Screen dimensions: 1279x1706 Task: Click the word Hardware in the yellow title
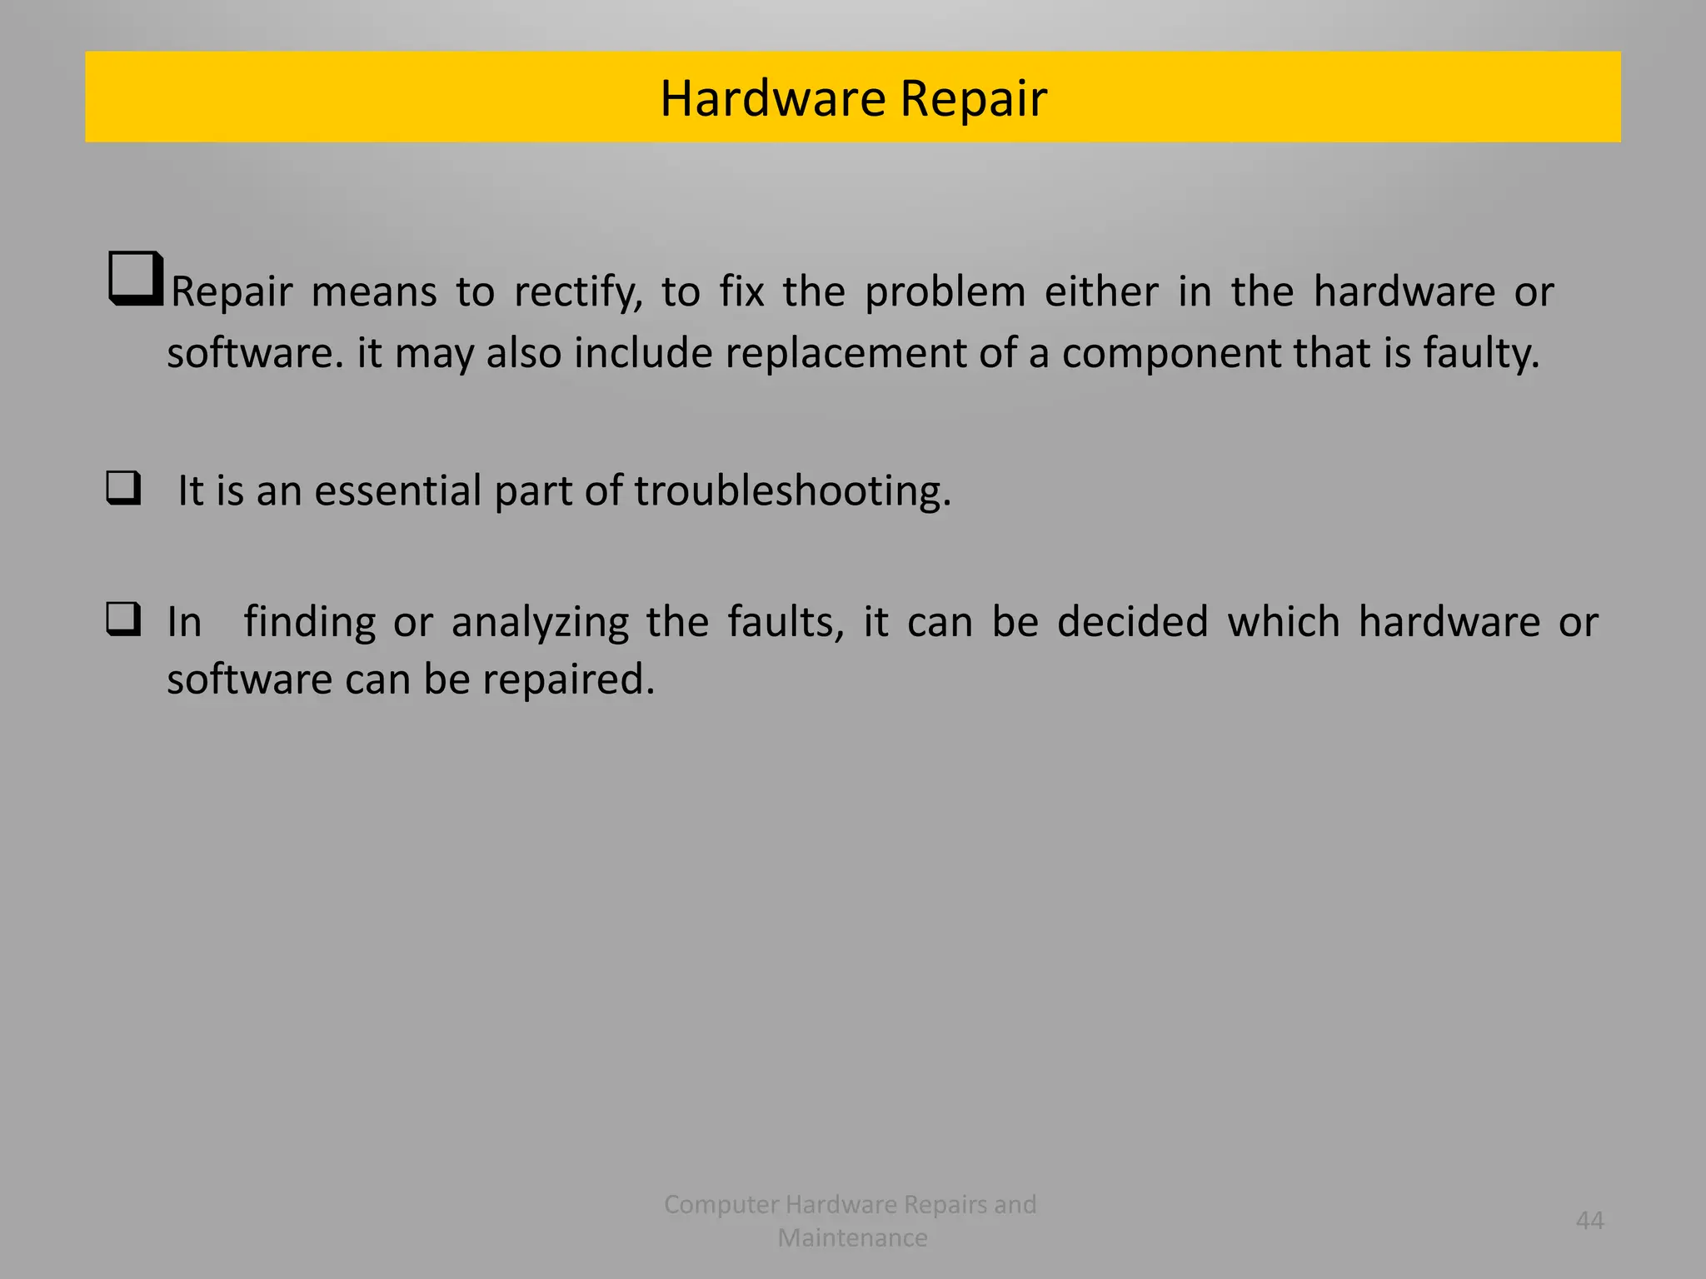click(772, 98)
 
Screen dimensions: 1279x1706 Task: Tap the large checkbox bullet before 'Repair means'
click(135, 278)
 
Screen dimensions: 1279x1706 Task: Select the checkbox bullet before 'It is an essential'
click(123, 488)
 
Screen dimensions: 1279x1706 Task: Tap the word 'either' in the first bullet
click(1101, 291)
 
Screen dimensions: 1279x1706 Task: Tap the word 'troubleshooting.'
click(792, 490)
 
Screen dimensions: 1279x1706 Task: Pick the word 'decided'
click(1132, 622)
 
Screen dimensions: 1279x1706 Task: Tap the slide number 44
click(1589, 1221)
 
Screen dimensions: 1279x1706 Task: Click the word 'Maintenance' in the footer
click(852, 1238)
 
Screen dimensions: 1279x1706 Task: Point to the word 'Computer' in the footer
click(721, 1205)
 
